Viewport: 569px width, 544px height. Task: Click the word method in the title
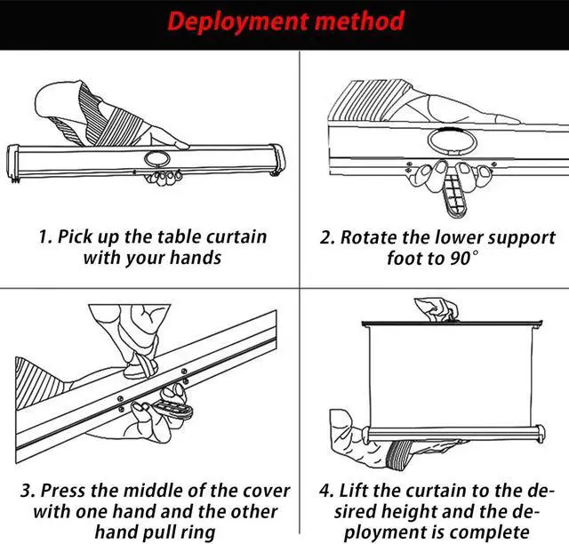[359, 21]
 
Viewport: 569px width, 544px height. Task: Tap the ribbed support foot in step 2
[454, 190]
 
